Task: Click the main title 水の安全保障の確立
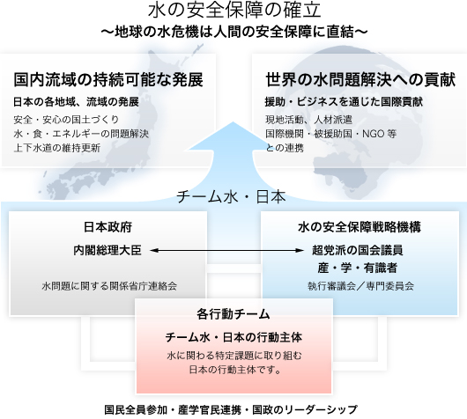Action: [x=234, y=10]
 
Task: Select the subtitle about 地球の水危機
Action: [x=234, y=32]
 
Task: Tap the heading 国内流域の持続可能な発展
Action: [x=108, y=80]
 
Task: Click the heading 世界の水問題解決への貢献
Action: [x=360, y=80]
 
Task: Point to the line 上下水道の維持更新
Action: [x=57, y=148]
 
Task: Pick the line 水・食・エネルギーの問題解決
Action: [x=81, y=134]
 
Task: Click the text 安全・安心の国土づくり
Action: [x=66, y=120]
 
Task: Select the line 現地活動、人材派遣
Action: [x=309, y=120]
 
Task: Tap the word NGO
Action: [x=373, y=134]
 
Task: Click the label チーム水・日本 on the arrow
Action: [x=231, y=197]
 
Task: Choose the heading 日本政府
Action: [x=107, y=227]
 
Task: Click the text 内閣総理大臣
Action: [x=107, y=251]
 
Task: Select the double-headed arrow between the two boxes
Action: [x=227, y=251]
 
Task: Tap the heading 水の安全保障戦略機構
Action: [x=360, y=227]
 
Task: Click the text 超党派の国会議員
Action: [x=358, y=250]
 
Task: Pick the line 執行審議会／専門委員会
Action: [x=360, y=286]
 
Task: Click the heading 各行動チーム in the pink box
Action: [x=233, y=314]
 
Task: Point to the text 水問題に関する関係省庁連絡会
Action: [x=109, y=286]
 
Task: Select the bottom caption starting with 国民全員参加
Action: [x=231, y=410]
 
